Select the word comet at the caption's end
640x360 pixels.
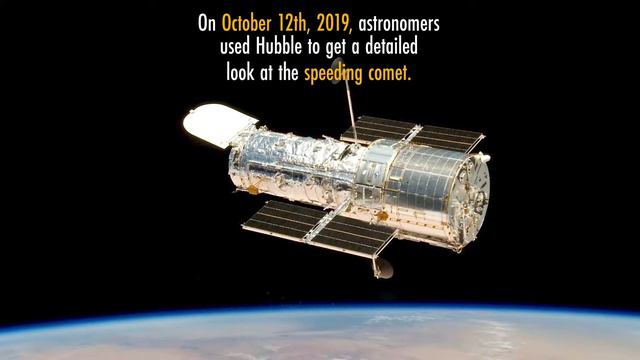(393, 72)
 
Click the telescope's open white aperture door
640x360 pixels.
(212, 125)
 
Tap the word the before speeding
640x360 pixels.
(289, 72)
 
